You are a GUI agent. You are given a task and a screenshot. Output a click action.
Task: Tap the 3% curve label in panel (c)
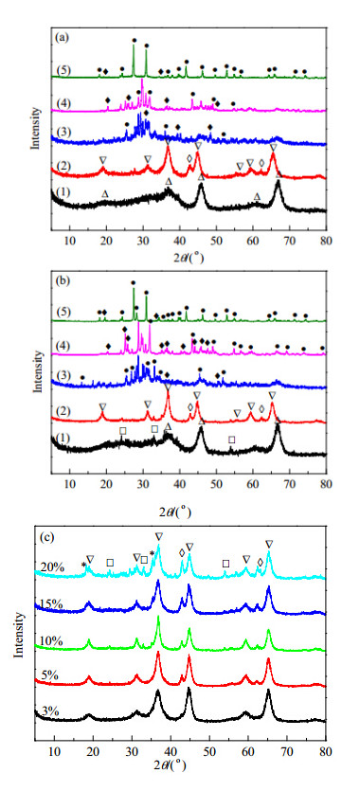(50, 711)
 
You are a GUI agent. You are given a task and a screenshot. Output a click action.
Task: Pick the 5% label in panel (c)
(50, 678)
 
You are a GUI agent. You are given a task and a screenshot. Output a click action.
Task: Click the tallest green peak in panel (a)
(134, 45)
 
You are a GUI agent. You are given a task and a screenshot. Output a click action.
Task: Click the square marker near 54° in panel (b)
(231, 440)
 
